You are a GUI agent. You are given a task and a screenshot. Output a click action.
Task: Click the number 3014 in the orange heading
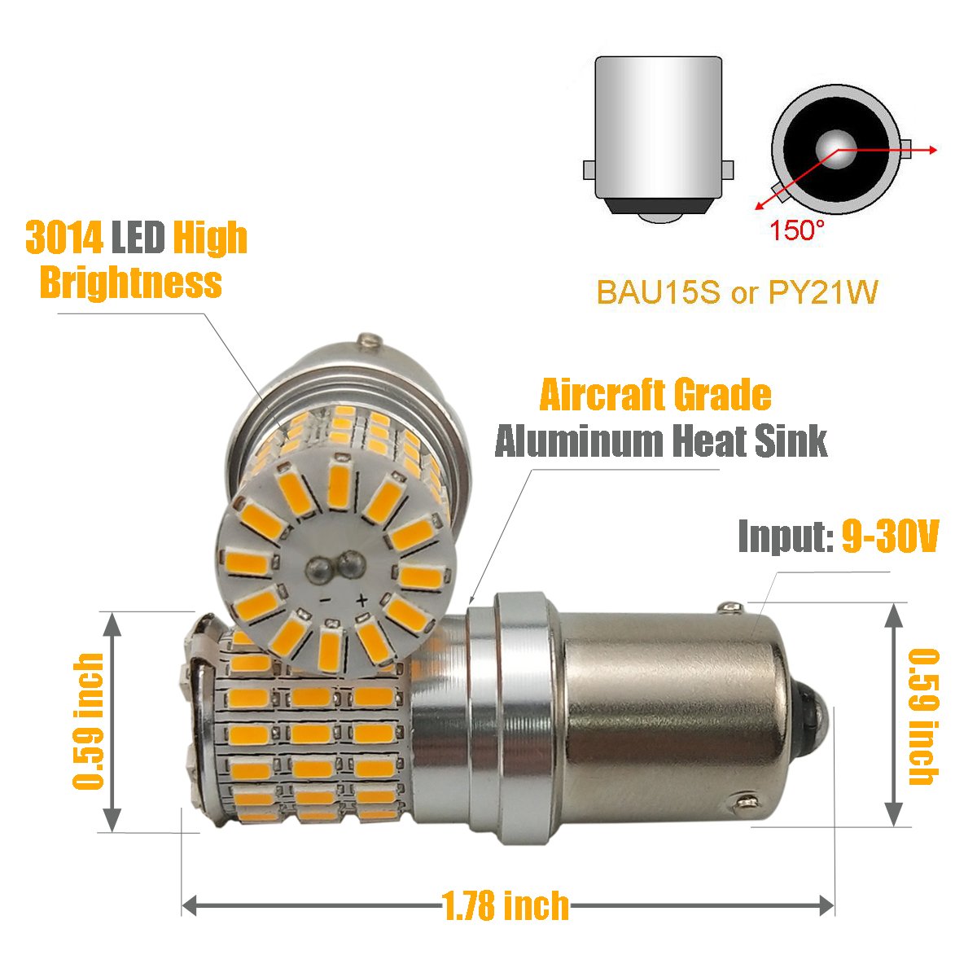[x=64, y=237]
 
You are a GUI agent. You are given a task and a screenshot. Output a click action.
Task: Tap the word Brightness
[x=130, y=283]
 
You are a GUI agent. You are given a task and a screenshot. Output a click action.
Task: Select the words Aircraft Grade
[x=655, y=396]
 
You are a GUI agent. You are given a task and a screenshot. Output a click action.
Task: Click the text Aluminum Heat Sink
[x=661, y=441]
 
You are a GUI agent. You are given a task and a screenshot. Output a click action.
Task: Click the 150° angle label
[x=797, y=231]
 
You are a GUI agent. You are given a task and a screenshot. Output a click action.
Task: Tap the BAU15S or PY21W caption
[x=738, y=292]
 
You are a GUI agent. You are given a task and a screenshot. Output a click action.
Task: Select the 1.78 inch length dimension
[x=506, y=905]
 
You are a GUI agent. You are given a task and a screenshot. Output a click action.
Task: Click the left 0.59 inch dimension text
[x=89, y=721]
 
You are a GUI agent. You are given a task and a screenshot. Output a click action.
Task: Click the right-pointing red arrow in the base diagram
[x=928, y=150]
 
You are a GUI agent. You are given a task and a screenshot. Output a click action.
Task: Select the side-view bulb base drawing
[x=658, y=138]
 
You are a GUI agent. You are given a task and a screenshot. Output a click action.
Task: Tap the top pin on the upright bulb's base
[x=371, y=336]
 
